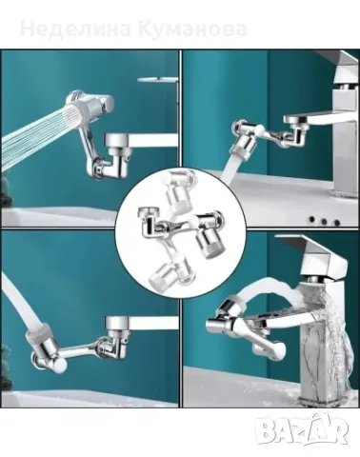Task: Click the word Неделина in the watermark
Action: pos(75,29)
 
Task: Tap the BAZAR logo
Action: pos(302,428)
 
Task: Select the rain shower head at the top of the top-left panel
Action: pos(157,79)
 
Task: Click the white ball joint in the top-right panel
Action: pos(260,129)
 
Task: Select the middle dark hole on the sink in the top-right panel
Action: pos(324,221)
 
